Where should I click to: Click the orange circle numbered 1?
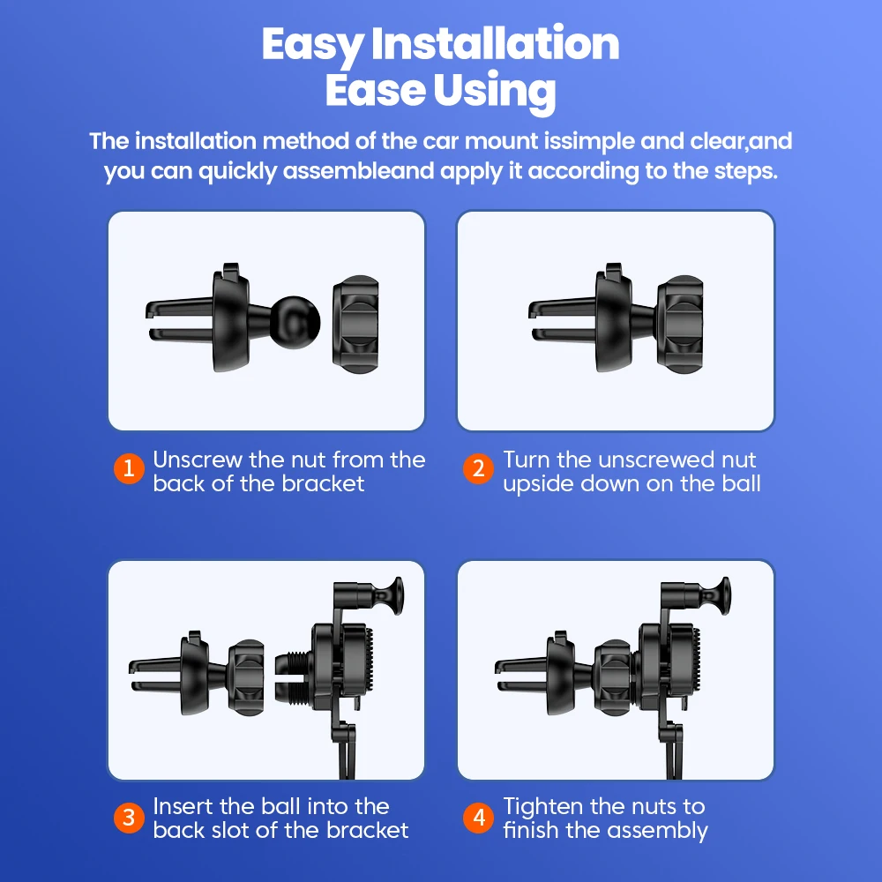click(129, 468)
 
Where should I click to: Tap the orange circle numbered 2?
click(478, 468)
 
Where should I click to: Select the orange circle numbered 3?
click(129, 818)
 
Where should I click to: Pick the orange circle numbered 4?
click(478, 818)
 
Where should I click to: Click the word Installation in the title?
click(495, 43)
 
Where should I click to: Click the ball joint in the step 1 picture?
click(295, 322)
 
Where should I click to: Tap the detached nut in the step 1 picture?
click(355, 325)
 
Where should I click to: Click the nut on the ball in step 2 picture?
click(679, 325)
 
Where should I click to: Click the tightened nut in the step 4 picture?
click(615, 677)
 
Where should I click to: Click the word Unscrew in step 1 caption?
click(198, 460)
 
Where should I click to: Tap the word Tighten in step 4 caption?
click(542, 807)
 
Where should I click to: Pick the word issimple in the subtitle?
click(589, 142)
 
